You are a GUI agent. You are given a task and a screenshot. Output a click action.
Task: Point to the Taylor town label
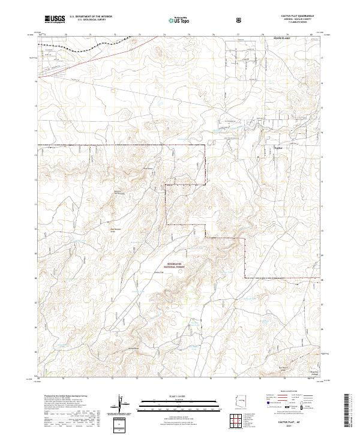click(x=278, y=146)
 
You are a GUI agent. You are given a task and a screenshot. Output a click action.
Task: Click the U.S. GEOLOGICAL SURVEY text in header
click(x=88, y=20)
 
